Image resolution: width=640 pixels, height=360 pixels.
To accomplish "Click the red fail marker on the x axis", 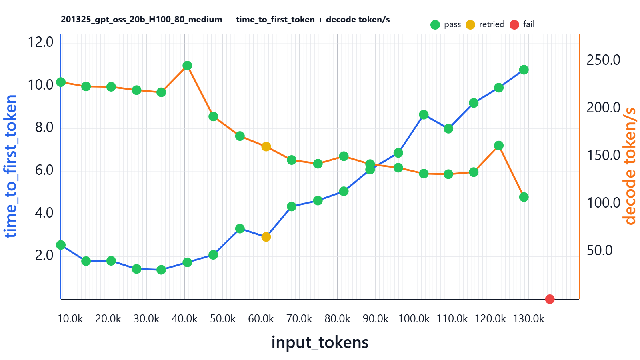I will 550,299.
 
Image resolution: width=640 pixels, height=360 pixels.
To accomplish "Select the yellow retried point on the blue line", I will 266,237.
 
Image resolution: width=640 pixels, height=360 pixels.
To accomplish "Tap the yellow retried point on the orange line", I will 266,147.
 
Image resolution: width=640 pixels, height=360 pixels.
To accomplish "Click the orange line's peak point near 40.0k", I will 187,66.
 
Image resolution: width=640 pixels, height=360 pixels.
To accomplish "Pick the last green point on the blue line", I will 524,70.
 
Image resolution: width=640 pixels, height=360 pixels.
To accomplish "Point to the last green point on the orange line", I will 524,197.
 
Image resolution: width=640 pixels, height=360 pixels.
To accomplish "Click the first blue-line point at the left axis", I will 61,245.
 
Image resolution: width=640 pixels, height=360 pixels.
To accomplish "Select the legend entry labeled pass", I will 446,24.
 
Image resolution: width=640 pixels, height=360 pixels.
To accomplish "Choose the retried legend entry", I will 485,24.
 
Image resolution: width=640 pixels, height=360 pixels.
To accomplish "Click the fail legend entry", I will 522,24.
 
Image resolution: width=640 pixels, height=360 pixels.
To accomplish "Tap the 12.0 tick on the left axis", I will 40,42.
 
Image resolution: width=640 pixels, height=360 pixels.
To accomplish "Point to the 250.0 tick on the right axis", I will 603,60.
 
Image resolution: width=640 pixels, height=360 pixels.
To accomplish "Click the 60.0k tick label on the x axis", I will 261,319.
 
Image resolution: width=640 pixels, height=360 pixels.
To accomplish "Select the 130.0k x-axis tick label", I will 528,319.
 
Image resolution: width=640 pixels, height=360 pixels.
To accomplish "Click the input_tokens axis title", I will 320,342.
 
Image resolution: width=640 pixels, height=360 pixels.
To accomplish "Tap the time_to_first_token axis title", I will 11,166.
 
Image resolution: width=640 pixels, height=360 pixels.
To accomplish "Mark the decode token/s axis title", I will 629,166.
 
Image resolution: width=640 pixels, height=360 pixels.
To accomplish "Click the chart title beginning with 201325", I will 225,20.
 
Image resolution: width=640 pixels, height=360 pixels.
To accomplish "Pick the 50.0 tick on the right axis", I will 599,250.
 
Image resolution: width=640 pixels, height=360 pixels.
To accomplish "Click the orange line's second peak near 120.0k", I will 498,146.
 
